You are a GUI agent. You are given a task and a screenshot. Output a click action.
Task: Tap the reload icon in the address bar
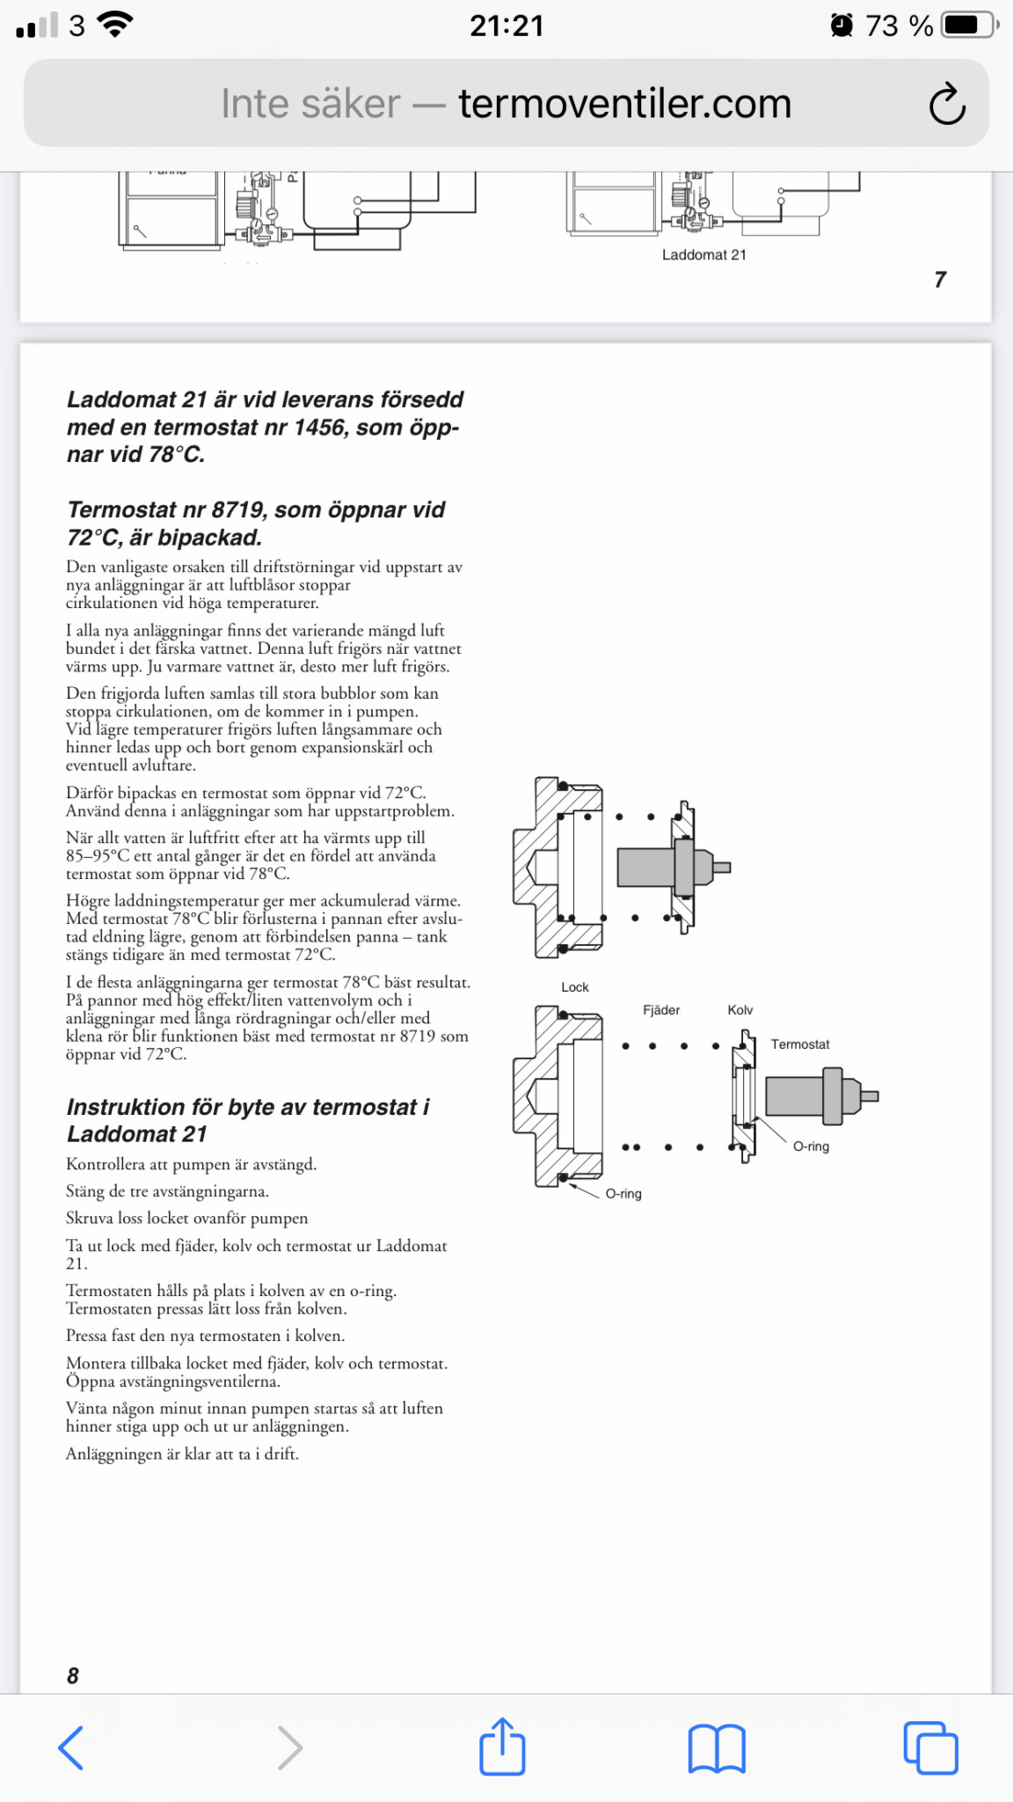(947, 104)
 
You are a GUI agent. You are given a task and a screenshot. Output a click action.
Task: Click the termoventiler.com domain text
(624, 104)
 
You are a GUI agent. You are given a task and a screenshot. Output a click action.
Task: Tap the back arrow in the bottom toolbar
(71, 1747)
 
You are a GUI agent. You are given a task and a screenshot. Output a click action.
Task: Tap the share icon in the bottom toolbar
(502, 1746)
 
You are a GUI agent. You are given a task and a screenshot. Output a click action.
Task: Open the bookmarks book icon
(717, 1747)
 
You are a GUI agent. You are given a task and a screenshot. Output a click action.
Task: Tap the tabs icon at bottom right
(930, 1747)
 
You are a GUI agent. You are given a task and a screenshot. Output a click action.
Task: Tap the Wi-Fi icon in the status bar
(114, 24)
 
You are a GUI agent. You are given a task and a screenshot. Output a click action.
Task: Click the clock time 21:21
(506, 26)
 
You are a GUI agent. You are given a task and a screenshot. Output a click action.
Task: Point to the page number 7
(940, 280)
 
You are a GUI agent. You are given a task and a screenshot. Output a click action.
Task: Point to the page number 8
(73, 1675)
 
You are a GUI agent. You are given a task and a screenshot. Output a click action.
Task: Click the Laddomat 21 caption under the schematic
(703, 255)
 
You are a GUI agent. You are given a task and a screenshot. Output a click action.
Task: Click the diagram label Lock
(575, 987)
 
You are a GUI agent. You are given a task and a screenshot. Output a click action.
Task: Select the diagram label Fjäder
(661, 1010)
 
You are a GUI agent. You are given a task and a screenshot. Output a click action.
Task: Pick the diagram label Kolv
(740, 1010)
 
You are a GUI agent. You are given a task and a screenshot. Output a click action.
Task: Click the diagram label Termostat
(800, 1044)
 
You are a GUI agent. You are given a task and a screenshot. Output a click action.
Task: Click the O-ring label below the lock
(623, 1194)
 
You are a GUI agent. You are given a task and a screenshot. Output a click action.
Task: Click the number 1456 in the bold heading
(319, 428)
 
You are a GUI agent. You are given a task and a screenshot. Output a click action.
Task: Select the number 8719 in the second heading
(238, 510)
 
